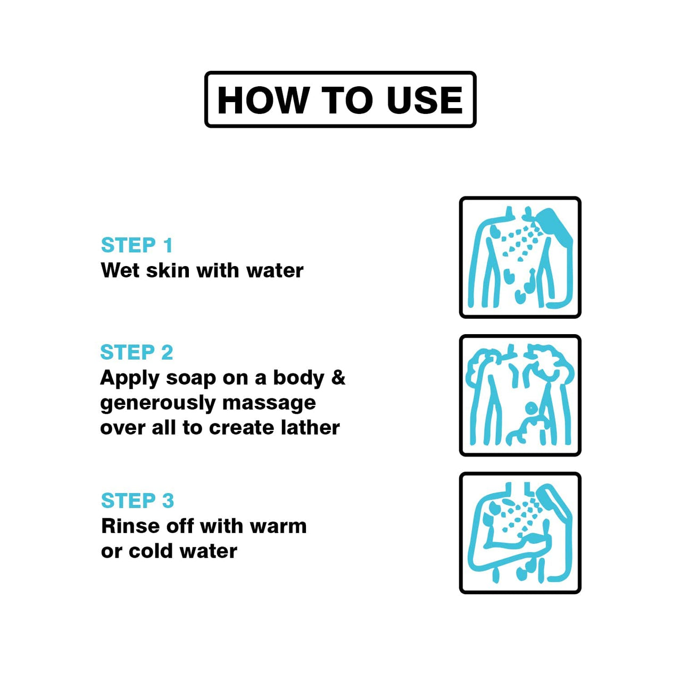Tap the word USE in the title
coord(425,100)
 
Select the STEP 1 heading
coord(137,245)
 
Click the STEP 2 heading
coord(137,352)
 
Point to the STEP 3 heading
coord(137,501)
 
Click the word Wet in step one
coord(120,271)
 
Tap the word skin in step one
coord(168,271)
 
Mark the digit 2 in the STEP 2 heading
coord(167,352)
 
